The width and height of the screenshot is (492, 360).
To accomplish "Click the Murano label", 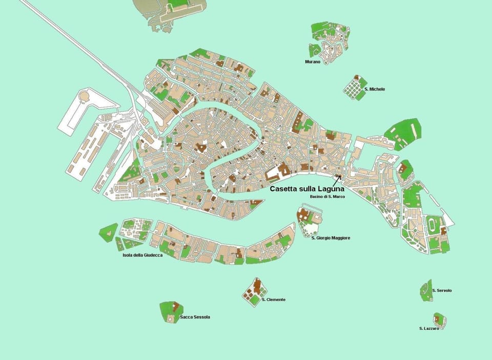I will point(312,62).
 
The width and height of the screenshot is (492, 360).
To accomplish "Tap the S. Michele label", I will point(374,89).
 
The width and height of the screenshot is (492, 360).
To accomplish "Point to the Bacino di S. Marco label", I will point(326,197).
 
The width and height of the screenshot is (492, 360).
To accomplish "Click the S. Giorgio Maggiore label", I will point(331,238).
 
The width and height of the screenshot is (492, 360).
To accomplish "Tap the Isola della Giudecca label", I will point(142,255).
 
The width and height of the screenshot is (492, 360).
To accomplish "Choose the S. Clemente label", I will point(273,299).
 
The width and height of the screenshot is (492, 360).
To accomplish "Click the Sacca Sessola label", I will point(195,317).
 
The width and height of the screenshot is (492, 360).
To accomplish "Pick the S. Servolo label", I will point(441,290).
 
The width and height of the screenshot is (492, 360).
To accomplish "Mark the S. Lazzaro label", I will point(428,328).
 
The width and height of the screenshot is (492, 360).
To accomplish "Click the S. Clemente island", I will point(254,292).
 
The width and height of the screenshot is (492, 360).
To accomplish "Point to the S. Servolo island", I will point(426,290).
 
